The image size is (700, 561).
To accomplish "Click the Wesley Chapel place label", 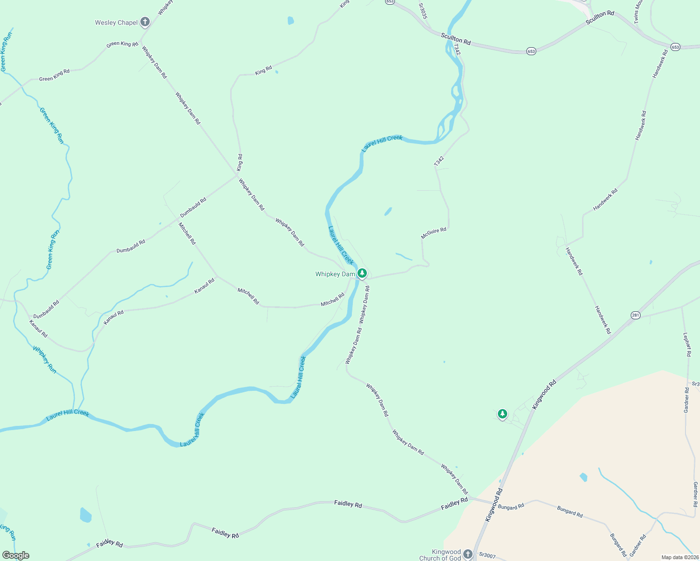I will click(x=116, y=22).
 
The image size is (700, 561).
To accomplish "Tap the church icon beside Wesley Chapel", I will click(x=145, y=22).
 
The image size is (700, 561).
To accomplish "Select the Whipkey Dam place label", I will click(x=335, y=274).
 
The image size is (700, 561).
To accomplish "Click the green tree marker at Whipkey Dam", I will click(x=362, y=273).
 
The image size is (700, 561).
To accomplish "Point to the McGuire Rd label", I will click(x=433, y=233).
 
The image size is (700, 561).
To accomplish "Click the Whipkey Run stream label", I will click(x=45, y=360).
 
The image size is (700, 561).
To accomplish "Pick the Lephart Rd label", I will click(x=686, y=345).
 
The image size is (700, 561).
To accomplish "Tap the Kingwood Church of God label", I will click(x=440, y=555).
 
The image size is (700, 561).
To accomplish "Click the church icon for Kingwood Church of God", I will click(x=468, y=554).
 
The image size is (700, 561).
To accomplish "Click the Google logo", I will click(x=15, y=555).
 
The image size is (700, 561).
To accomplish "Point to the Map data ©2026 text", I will click(x=679, y=557).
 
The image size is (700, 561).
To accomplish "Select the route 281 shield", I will click(x=635, y=315).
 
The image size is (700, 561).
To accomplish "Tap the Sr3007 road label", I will click(x=487, y=555).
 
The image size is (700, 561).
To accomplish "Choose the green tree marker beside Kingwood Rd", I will click(x=502, y=414).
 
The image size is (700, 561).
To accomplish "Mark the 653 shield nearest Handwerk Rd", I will click(x=675, y=47).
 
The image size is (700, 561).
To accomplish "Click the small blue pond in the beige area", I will click(x=583, y=477).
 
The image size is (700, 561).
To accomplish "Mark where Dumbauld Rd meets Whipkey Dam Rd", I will click(x=236, y=176).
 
